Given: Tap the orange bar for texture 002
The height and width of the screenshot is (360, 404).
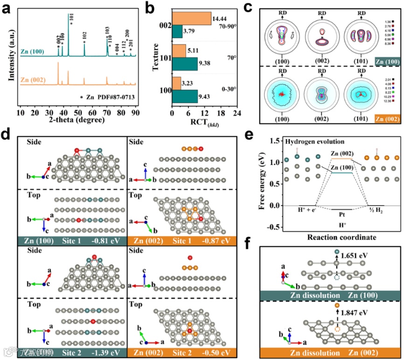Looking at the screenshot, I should click(191, 17).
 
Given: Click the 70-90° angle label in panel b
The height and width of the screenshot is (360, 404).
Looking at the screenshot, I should click(227, 28).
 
